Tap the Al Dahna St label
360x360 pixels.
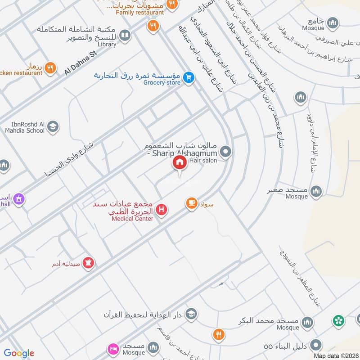tap(81, 63)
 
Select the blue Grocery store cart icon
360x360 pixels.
tap(189, 77)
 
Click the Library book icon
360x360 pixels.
tap(125, 35)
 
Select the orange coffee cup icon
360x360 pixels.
tap(191, 204)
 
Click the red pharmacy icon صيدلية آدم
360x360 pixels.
tap(89, 262)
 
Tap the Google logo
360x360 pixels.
tap(19, 353)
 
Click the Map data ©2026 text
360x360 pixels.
tap(336, 355)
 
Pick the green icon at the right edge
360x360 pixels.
tap(338, 321)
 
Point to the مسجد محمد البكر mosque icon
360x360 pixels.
tap(307, 322)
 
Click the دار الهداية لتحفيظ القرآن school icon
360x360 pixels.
tap(191, 313)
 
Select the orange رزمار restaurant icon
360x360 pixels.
tap(50, 67)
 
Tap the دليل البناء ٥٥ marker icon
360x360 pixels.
tap(317, 346)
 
